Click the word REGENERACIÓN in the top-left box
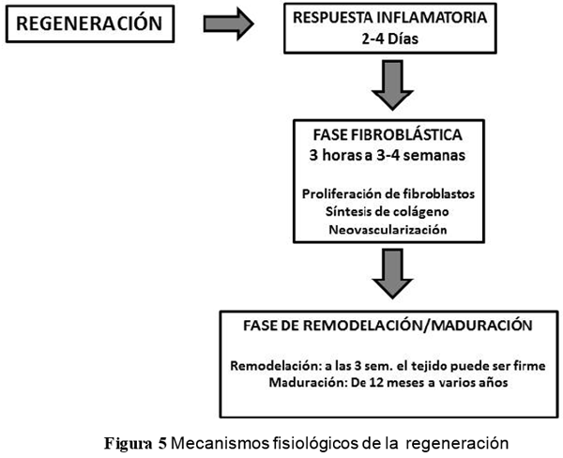pos(86,24)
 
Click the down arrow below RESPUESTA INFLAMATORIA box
pos(395,85)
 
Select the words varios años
pos(473,381)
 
